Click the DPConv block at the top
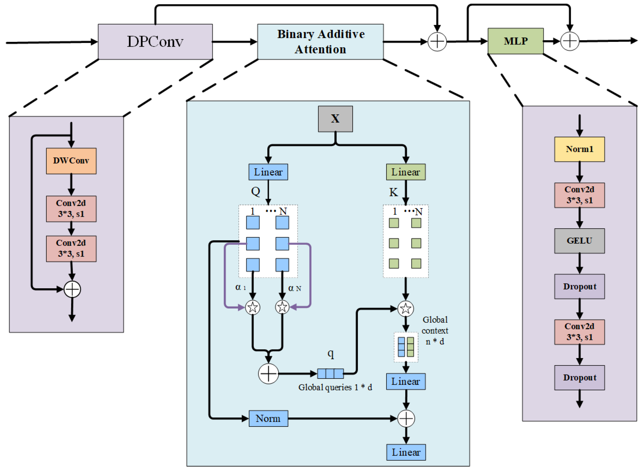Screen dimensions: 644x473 tap(155, 42)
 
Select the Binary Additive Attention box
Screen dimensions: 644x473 tap(320, 42)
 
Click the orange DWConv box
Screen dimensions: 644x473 tap(71, 161)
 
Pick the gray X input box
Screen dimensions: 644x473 tap(336, 119)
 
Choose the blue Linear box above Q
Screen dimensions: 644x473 tap(268, 172)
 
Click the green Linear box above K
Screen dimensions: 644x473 tap(406, 172)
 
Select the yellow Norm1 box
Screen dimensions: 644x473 tap(580, 149)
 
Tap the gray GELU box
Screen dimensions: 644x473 tap(580, 241)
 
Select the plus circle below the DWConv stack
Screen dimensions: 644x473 tap(72, 289)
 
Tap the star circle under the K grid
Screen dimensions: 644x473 tap(406, 309)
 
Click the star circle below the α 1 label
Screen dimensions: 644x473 tap(253, 308)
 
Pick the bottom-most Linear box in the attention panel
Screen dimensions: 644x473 tap(406, 452)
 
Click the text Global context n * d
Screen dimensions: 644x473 tap(435, 331)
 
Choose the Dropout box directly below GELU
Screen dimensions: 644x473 tap(580, 287)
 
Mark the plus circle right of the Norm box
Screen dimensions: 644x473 tap(406, 419)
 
